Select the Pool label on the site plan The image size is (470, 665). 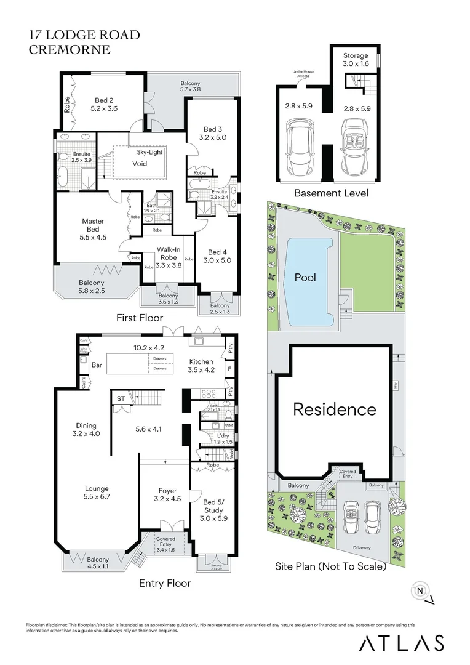pos(305,278)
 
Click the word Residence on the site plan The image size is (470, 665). pos(334,409)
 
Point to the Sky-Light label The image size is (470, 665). pos(149,152)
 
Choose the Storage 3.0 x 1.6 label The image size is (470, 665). pos(356,59)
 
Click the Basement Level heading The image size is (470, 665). pos(331,193)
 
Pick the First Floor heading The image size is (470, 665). pos(140,318)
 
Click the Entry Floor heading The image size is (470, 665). pos(165,583)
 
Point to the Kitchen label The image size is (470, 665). pos(201,366)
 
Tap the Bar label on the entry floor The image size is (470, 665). pos(96,366)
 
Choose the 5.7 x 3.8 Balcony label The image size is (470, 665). pos(191,86)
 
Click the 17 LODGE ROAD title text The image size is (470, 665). pos(84,35)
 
